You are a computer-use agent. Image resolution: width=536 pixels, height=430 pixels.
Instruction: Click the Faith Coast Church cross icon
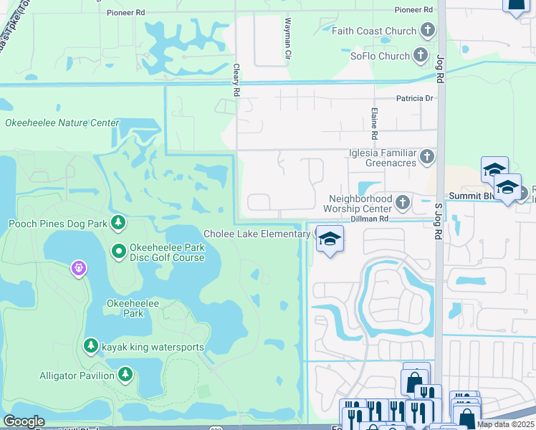(x=428, y=31)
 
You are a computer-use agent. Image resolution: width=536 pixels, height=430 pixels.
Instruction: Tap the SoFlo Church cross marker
(x=422, y=56)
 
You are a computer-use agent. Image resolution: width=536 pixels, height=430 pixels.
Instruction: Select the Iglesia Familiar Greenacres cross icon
(x=427, y=156)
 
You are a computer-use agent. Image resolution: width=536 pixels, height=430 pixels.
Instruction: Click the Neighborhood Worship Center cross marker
(x=403, y=203)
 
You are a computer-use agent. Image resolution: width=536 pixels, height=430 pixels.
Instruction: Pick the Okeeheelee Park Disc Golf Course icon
(x=118, y=252)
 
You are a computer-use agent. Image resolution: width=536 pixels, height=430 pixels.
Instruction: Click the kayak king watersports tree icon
(x=90, y=347)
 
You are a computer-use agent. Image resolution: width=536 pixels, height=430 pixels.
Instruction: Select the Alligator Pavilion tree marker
(x=125, y=375)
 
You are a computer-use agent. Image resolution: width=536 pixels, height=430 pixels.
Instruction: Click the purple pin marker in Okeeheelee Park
(x=78, y=269)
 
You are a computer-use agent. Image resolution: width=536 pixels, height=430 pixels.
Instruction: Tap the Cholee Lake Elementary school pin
(x=330, y=239)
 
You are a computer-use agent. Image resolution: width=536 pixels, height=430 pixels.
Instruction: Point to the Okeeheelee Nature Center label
(x=62, y=123)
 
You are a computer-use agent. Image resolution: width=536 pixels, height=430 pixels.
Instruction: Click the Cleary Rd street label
(x=235, y=80)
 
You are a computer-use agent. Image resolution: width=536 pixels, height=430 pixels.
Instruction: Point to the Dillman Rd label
(x=369, y=219)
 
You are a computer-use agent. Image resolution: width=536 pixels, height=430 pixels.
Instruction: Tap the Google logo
(x=24, y=421)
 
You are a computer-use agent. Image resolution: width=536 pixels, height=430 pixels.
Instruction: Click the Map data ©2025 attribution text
(x=505, y=424)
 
